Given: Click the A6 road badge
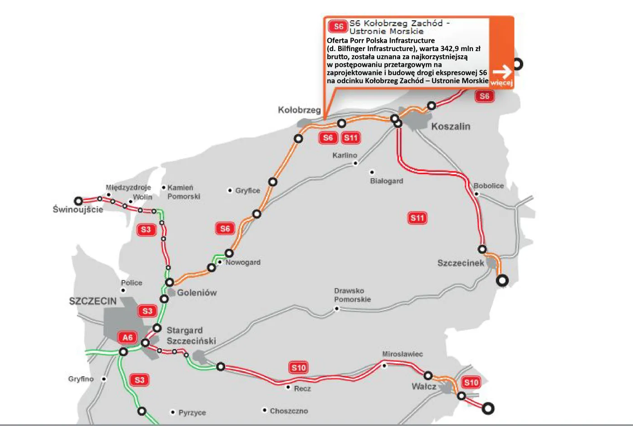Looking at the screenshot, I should pyautogui.click(x=128, y=337).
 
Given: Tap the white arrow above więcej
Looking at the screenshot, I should pyautogui.click(x=501, y=72).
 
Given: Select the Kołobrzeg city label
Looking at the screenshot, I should pyautogui.click(x=299, y=110).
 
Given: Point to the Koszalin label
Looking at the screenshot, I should pyautogui.click(x=450, y=127).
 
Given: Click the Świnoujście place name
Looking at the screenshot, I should pyautogui.click(x=78, y=209).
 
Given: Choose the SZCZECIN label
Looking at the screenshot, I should pyautogui.click(x=93, y=301).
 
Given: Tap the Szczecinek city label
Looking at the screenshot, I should pyautogui.click(x=460, y=263).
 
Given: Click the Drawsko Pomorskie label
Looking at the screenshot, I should pyautogui.click(x=352, y=295).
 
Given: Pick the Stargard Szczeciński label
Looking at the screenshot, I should pyautogui.click(x=191, y=336).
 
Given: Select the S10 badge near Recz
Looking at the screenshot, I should pyautogui.click(x=298, y=368).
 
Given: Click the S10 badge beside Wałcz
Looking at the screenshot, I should pyautogui.click(x=471, y=383).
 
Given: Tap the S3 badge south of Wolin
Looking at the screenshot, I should pyautogui.click(x=146, y=230).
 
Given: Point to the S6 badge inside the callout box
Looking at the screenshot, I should pyautogui.click(x=338, y=26).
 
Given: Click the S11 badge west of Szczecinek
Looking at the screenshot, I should pyautogui.click(x=417, y=218).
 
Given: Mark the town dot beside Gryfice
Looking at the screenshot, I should pyautogui.click(x=230, y=190).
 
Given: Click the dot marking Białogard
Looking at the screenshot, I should pyautogui.click(x=372, y=172).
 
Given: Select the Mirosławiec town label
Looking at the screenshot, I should pyautogui.click(x=402, y=354).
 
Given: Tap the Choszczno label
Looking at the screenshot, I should pyautogui.click(x=288, y=411).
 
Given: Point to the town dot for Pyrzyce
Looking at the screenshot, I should pyautogui.click(x=173, y=412).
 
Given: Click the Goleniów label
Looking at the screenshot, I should pyautogui.click(x=197, y=293).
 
